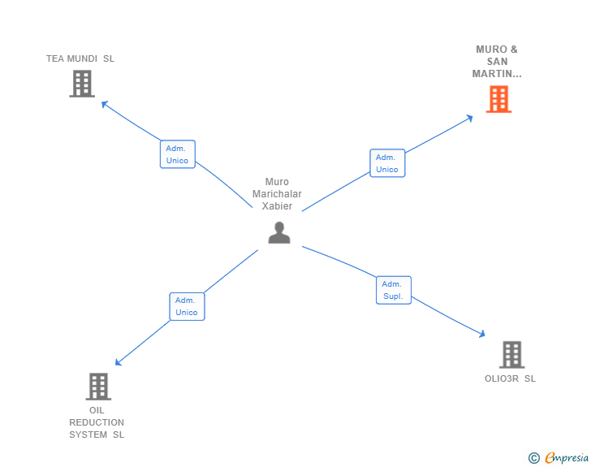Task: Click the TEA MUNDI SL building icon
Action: (x=82, y=84)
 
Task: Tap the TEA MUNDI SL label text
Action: (x=80, y=58)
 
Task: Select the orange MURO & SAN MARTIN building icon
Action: (x=498, y=99)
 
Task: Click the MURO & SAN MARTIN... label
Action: (x=497, y=62)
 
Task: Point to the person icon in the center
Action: (x=279, y=233)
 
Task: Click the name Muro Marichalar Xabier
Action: (x=277, y=194)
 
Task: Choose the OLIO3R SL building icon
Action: (x=511, y=355)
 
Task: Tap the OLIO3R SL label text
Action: (x=510, y=378)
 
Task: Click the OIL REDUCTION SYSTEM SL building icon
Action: (x=98, y=387)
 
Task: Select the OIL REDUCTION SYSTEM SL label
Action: (x=97, y=422)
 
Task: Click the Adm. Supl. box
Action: (x=394, y=290)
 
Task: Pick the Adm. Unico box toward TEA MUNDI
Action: (x=177, y=154)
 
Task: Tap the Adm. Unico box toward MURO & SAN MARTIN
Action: (x=387, y=163)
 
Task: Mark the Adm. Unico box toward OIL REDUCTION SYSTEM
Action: (x=187, y=306)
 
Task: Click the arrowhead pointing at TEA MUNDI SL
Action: (x=104, y=103)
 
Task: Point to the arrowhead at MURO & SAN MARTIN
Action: (x=469, y=119)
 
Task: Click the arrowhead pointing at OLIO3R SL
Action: (x=481, y=333)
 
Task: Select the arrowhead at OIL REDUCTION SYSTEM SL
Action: (x=119, y=362)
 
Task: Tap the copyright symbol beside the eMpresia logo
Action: (x=534, y=458)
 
